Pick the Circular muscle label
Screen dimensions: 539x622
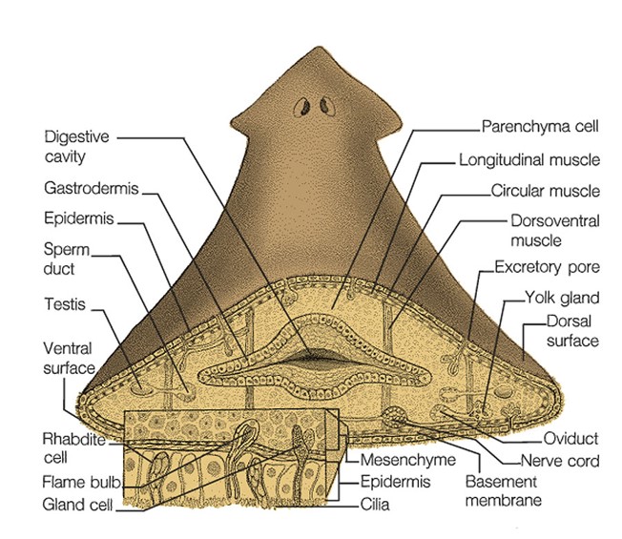[x=545, y=190]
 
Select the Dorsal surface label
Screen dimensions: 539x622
[x=571, y=330]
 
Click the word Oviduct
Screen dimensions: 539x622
[x=569, y=439]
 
